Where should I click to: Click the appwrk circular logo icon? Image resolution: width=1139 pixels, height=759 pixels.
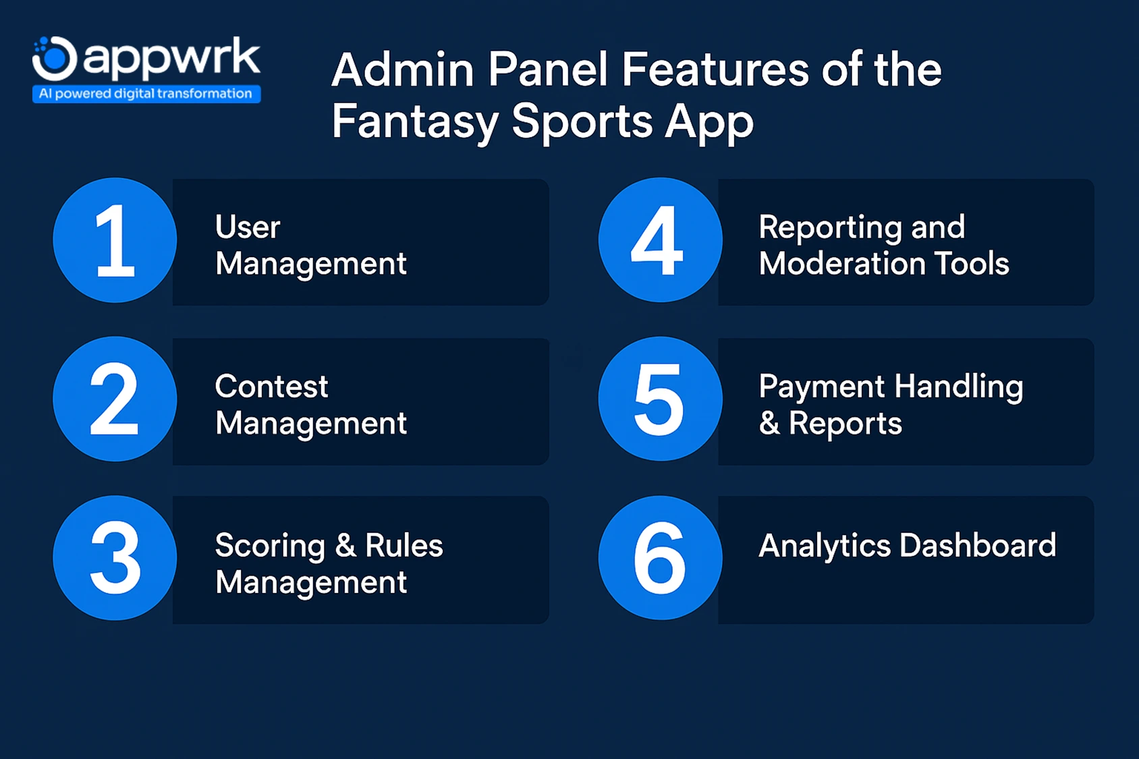[x=55, y=59]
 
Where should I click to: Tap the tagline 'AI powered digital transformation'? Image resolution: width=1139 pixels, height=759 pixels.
[x=146, y=94]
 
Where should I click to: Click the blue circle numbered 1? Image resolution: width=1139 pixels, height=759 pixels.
[x=115, y=240]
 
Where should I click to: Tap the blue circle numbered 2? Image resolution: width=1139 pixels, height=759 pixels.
[x=115, y=399]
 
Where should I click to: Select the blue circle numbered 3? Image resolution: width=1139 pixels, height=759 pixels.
[x=115, y=558]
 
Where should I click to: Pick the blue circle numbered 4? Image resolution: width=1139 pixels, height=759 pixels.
[x=660, y=240]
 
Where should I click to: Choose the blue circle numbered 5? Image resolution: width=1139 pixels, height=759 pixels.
[x=660, y=399]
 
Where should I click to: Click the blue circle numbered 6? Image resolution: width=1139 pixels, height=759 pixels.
[x=660, y=558]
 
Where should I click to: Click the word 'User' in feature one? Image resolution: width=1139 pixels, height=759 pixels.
[x=248, y=227]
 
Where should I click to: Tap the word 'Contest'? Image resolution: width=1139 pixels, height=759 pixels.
[x=271, y=387]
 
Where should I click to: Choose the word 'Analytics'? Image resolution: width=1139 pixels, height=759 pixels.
[x=825, y=546]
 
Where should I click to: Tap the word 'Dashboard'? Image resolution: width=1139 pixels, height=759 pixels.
[x=978, y=546]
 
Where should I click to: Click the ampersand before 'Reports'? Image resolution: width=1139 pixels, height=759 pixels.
[x=769, y=424]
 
